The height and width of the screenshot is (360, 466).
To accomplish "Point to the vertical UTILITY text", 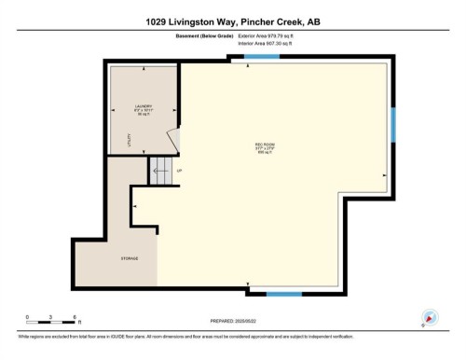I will click(x=129, y=142).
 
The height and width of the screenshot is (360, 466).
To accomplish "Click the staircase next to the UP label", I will click(x=160, y=170).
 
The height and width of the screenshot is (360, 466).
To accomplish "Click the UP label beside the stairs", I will click(x=180, y=171).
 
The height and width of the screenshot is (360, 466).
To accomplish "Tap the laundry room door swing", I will click(x=171, y=140).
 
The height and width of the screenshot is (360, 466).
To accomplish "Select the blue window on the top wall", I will click(x=262, y=58).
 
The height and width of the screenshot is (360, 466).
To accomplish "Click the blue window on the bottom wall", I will click(x=284, y=294).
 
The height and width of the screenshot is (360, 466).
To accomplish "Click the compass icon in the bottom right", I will click(x=429, y=317).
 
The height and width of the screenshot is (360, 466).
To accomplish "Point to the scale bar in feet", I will click(x=50, y=324).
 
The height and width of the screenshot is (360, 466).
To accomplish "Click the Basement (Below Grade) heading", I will click(x=204, y=35).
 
